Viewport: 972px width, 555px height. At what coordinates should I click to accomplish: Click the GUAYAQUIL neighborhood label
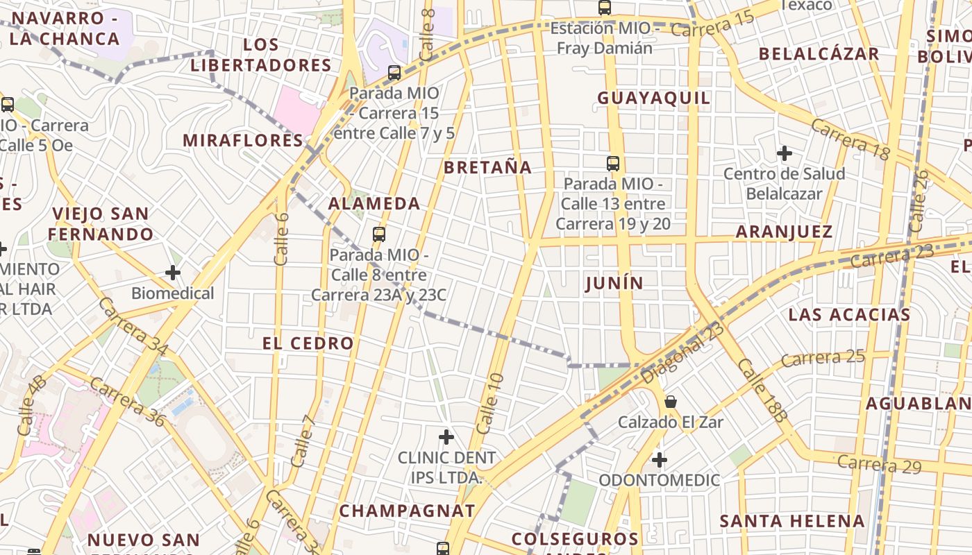coord(654,98)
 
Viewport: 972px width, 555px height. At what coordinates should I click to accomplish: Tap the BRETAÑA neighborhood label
coord(488,167)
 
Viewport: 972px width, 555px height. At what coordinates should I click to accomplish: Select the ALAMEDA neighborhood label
coord(374,203)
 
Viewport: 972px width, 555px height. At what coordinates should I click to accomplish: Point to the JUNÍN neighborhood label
coord(614,283)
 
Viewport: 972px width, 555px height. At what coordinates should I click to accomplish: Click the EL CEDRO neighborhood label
coord(308,343)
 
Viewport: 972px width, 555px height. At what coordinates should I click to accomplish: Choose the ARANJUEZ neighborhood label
coord(784,232)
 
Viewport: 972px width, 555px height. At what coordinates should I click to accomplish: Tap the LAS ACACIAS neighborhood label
coord(849,314)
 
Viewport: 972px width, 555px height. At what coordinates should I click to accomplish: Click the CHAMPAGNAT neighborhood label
coord(408,511)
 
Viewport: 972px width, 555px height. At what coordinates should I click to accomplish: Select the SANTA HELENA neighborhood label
coord(792,521)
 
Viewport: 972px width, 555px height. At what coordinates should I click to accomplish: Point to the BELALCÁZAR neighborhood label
coord(819,54)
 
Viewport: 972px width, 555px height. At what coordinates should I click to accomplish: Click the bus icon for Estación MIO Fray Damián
coord(605,8)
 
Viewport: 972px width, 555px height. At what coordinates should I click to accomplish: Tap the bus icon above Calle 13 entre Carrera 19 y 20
coord(613,164)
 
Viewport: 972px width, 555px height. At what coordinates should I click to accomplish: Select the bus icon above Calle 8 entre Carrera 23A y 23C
coord(378,234)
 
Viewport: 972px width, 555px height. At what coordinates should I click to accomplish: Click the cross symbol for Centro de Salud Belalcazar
coord(785,153)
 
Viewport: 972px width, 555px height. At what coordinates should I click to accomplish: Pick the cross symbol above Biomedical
coord(173,273)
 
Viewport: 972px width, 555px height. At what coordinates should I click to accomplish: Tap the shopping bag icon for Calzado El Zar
coord(671,402)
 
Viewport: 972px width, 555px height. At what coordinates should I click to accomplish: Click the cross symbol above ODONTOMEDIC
coord(660,459)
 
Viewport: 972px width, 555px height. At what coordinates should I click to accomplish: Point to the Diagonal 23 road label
coord(682,352)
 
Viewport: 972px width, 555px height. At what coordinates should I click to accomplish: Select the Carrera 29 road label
coord(879,464)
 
